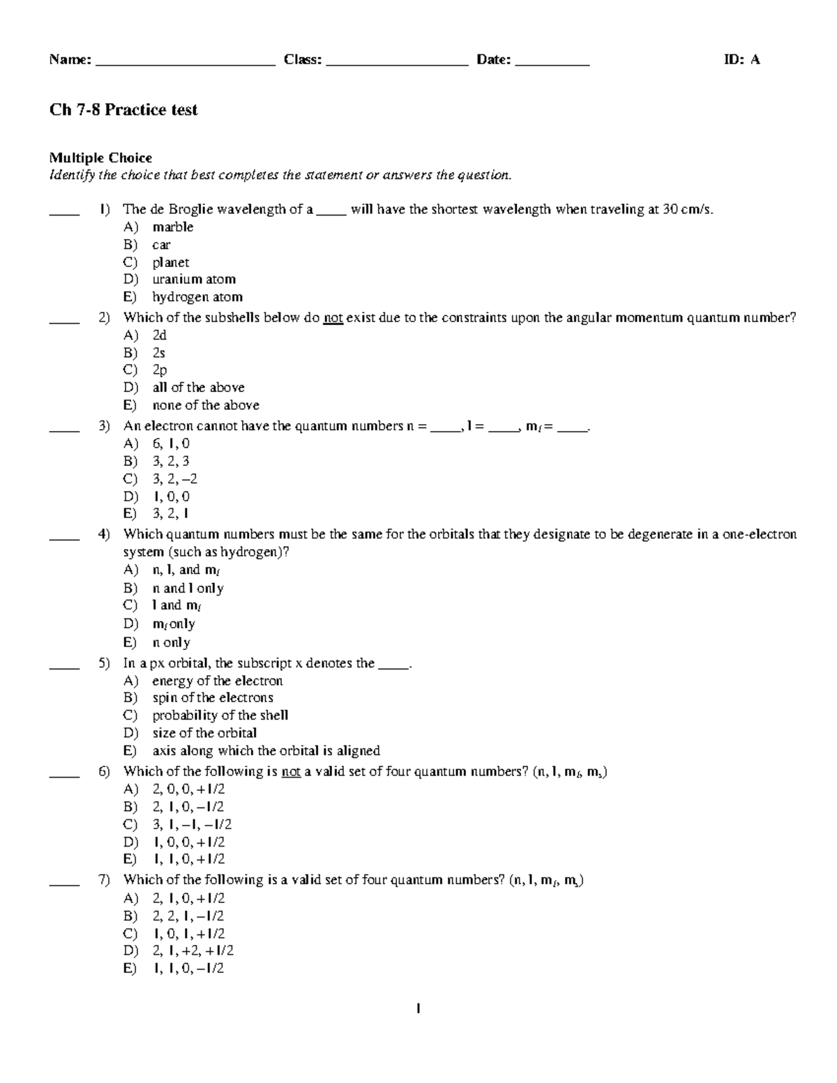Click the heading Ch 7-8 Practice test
coord(123,109)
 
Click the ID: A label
coord(741,60)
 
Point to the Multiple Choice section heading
coord(100,158)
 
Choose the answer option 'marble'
coord(172,227)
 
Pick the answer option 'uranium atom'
coord(194,279)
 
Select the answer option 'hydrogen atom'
coord(197,296)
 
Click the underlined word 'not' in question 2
coord(333,318)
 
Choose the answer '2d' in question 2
coord(160,335)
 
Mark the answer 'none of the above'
coord(206,405)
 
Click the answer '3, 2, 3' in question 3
coord(171,461)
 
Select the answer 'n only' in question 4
coord(172,642)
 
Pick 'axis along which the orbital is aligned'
coord(266,750)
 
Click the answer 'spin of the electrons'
coord(213,697)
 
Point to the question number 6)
coord(104,771)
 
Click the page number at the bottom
coord(417,1008)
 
